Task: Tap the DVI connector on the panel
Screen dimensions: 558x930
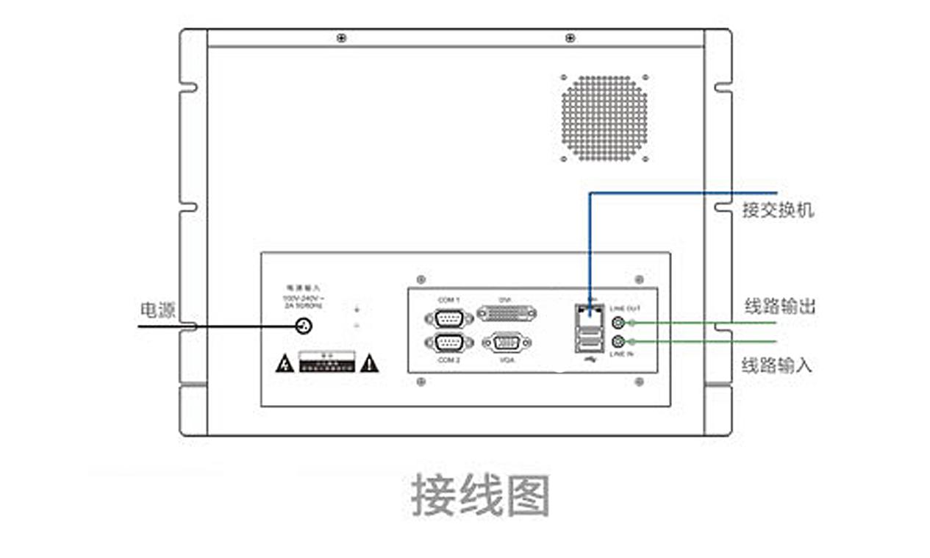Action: click(507, 314)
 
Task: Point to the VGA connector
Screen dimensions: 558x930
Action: click(507, 343)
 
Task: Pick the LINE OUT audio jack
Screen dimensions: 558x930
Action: click(619, 322)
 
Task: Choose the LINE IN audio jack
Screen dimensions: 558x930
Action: click(619, 341)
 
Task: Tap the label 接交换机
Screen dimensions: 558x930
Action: click(778, 210)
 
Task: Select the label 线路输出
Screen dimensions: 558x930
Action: click(779, 307)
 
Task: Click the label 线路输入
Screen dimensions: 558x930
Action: click(777, 365)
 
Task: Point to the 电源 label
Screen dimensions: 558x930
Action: click(157, 310)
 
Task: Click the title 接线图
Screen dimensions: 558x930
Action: click(480, 496)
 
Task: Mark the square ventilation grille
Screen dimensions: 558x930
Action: click(604, 118)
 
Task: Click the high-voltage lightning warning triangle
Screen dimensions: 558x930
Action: click(285, 363)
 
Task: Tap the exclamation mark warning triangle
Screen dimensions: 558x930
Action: click(370, 363)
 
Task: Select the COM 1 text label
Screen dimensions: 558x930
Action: click(448, 300)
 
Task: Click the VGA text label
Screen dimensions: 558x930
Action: click(507, 360)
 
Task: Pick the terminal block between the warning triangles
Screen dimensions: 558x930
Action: click(327, 362)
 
